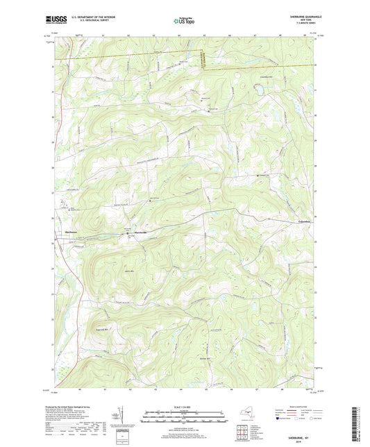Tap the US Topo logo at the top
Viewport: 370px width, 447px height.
coord(184,22)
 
